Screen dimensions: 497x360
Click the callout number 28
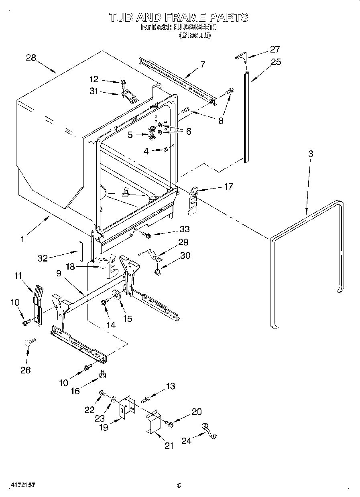click(31, 58)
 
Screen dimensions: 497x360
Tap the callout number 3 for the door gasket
click(311, 154)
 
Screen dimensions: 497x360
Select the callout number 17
click(228, 187)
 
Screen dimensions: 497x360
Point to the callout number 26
click(25, 370)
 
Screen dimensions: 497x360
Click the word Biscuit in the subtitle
click(195, 35)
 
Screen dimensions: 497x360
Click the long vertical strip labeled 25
click(246, 116)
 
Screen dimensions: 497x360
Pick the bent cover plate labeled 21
click(153, 421)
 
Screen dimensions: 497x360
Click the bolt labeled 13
click(145, 399)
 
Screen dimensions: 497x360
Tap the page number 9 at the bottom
click(179, 485)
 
